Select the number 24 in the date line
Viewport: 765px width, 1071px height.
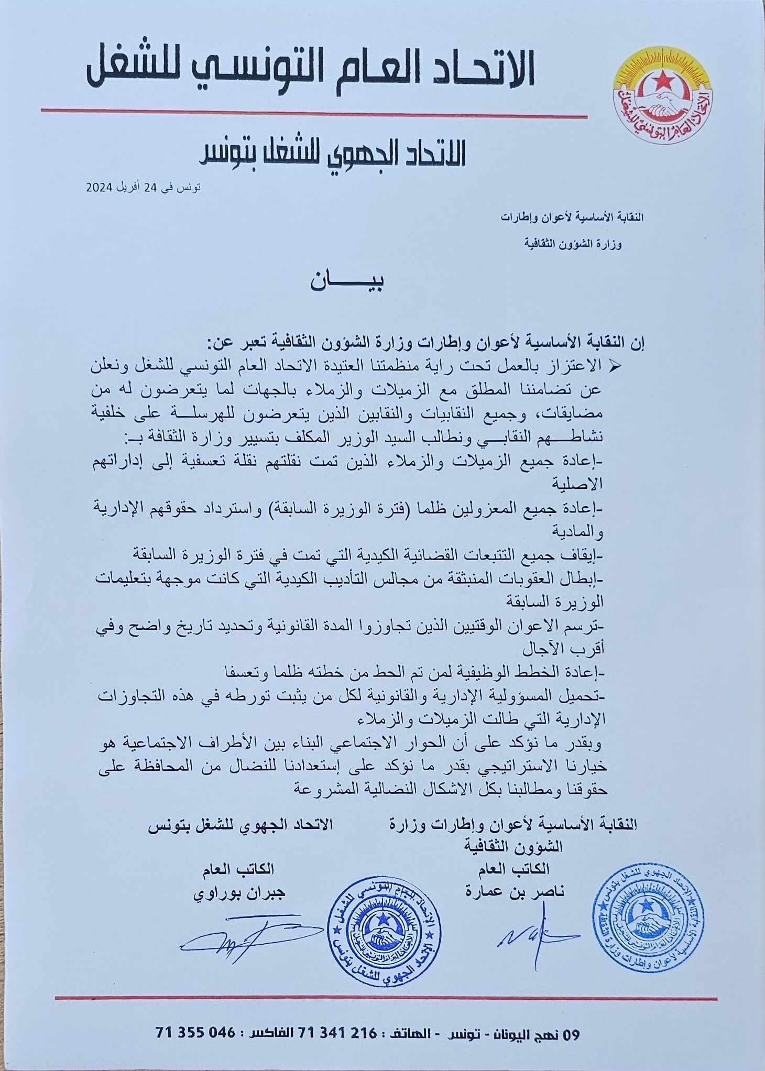pos(151,188)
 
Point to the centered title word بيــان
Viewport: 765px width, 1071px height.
pos(346,282)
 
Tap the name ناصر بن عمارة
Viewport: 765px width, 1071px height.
pos(515,891)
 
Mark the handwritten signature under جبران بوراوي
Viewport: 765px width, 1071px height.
pos(246,941)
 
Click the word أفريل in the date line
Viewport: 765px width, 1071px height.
pos(125,188)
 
